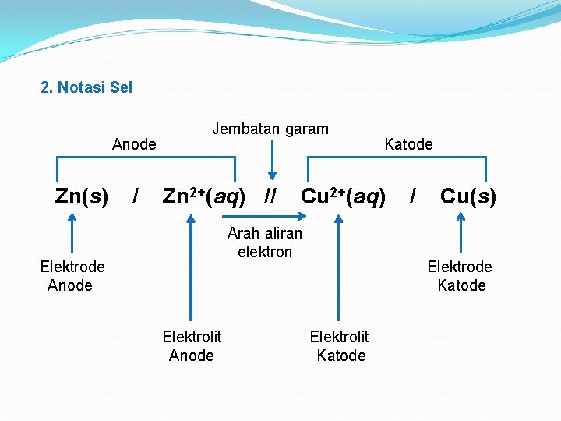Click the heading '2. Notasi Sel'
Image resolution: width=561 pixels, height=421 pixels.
click(x=86, y=87)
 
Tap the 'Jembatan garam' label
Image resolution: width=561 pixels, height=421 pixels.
click(x=270, y=129)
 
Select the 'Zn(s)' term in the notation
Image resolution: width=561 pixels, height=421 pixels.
click(x=82, y=196)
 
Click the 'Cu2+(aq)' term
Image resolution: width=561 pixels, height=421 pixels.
click(x=343, y=196)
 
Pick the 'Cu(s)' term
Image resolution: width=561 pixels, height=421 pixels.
click(x=467, y=196)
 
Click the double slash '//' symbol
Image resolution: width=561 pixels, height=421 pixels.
click(x=270, y=196)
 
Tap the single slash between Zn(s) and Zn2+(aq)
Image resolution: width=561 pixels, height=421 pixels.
click(x=136, y=196)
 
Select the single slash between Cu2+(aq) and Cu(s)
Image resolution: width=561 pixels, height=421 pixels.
click(x=413, y=196)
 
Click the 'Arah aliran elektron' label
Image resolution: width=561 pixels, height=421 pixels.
click(x=265, y=242)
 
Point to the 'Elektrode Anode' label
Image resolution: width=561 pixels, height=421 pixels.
click(x=72, y=276)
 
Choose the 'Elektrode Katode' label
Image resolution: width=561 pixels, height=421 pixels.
click(x=460, y=276)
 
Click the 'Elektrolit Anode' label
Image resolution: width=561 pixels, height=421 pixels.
click(x=192, y=345)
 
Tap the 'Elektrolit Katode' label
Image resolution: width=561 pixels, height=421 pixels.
click(x=340, y=345)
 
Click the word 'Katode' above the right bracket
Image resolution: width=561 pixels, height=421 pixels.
click(x=408, y=144)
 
